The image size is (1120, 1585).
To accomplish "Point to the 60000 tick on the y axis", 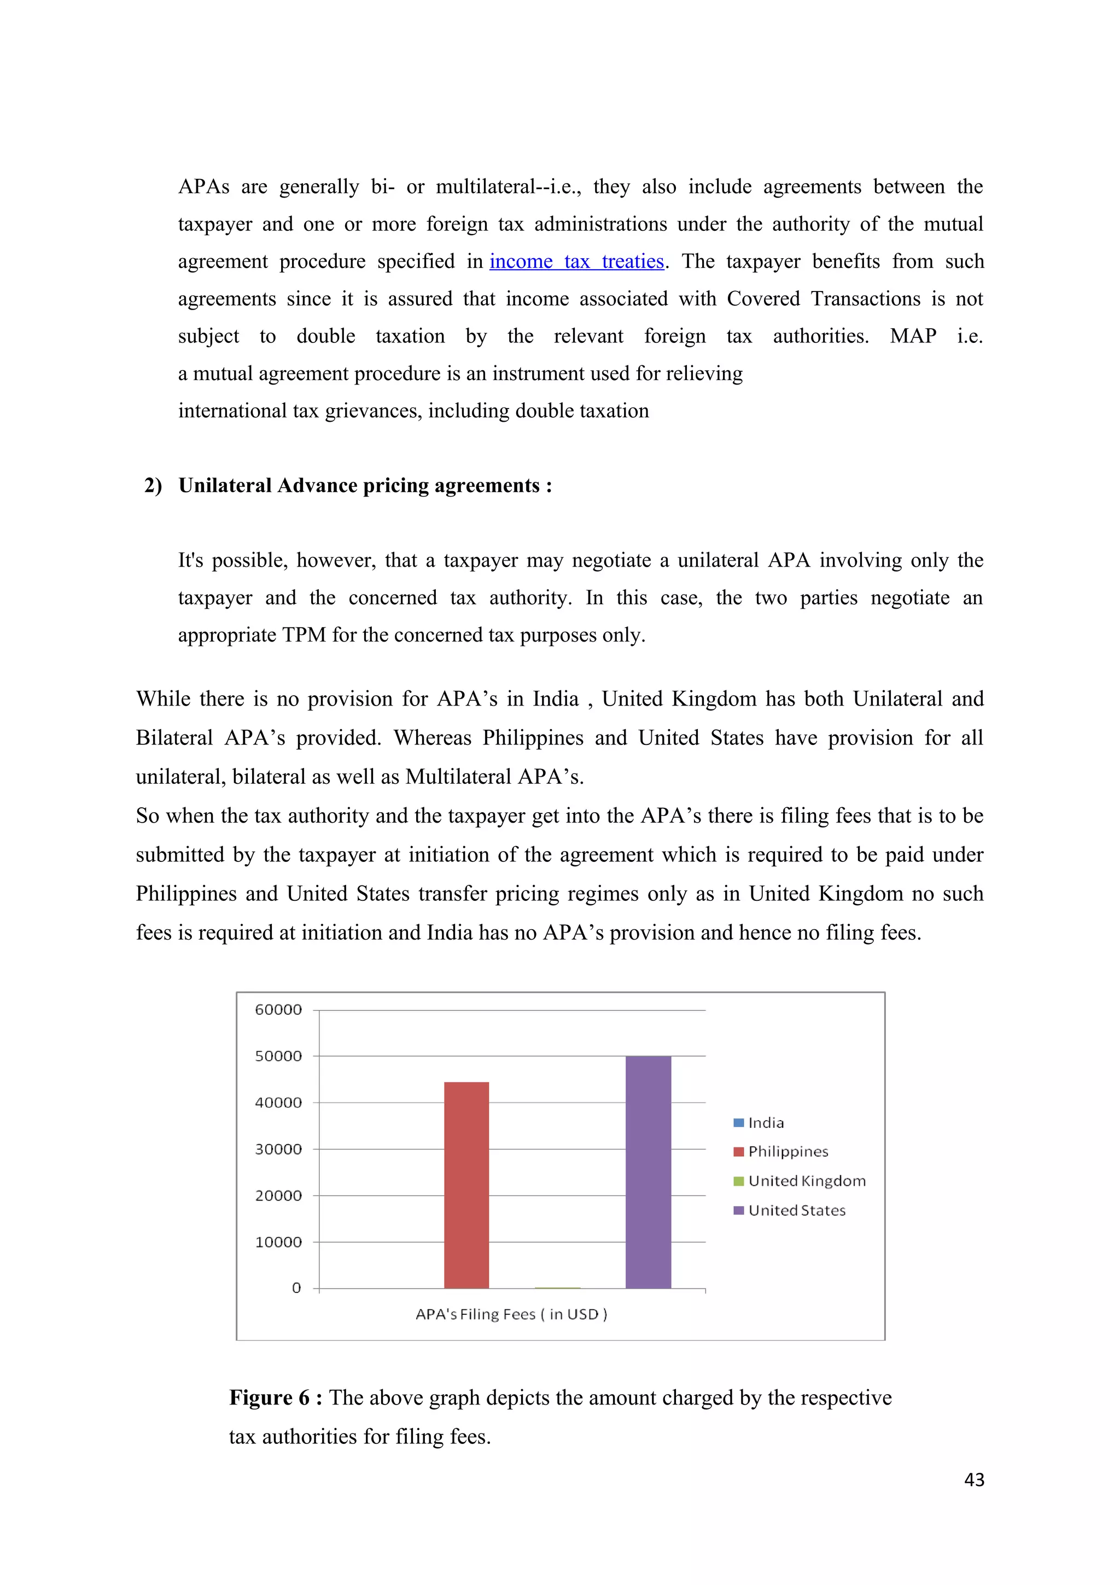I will point(278,1010).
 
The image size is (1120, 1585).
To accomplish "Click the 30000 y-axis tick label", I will point(278,1150).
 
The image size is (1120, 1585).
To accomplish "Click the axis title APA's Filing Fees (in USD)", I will point(511,1314).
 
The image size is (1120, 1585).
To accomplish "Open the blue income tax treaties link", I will point(576,261).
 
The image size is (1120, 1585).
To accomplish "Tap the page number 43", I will point(973,1479).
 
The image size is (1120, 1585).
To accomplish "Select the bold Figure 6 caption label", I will point(275,1397).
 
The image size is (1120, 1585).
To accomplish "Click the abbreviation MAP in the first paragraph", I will point(912,336).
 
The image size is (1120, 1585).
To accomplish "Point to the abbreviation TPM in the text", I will point(304,635).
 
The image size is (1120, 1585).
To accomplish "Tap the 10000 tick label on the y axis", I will point(278,1243).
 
